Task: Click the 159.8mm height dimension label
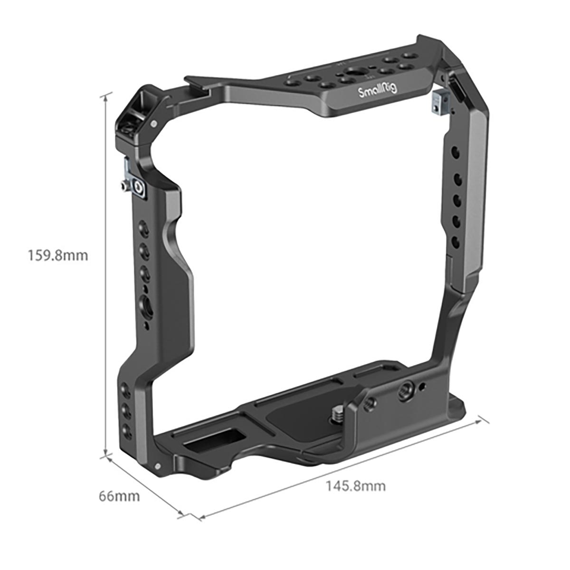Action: pos(58,256)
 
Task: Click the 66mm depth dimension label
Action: pos(119,496)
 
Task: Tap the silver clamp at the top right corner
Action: pos(437,102)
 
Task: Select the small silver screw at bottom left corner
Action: pos(158,466)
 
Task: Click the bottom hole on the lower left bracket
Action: pos(126,431)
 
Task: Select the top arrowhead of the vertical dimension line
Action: pos(105,95)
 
